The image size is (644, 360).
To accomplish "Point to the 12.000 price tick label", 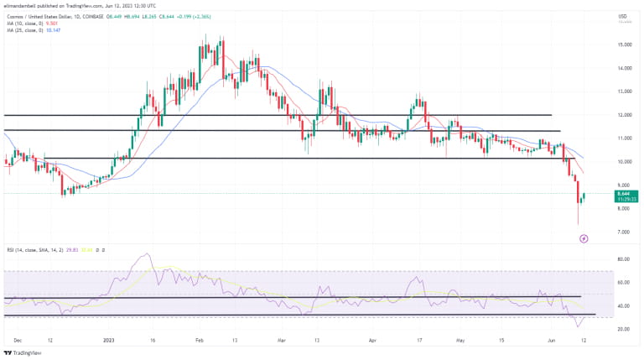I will click(x=624, y=115).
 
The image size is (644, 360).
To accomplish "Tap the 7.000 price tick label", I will click(x=624, y=232).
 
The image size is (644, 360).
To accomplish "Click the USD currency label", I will click(x=622, y=17).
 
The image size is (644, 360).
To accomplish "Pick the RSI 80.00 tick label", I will click(x=624, y=259).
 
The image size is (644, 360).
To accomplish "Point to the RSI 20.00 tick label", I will click(x=624, y=329).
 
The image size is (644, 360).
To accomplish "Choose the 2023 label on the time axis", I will click(x=109, y=341).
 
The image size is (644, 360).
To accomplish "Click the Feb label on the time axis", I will click(x=200, y=341).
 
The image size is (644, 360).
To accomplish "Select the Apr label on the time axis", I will click(x=371, y=341).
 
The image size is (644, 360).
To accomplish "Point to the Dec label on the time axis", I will click(x=18, y=341).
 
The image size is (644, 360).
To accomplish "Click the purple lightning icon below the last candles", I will click(x=584, y=238).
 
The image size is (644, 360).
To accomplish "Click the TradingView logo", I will click(x=25, y=353).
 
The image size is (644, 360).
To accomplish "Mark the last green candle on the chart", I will click(x=584, y=196).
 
